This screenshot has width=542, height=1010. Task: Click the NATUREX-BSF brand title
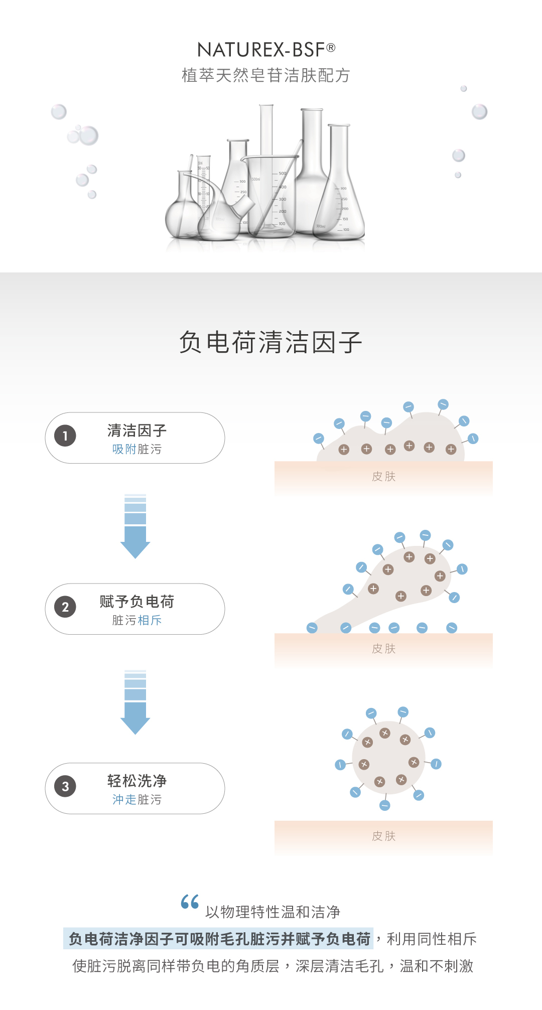[x=266, y=50]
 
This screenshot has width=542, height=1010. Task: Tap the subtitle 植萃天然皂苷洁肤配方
[x=266, y=75]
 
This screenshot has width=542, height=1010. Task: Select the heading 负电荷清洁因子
[x=270, y=342]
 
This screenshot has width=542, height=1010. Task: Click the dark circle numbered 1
[x=65, y=436]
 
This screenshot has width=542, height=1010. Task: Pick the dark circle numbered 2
[x=65, y=607]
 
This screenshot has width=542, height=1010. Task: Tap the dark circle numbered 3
[x=65, y=786]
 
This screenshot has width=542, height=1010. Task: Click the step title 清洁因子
[x=137, y=430]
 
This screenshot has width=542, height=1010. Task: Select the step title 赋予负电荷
[x=137, y=601]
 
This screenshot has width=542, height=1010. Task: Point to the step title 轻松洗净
[x=137, y=781]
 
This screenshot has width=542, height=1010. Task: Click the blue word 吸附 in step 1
[x=124, y=449]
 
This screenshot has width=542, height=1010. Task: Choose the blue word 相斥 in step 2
[x=150, y=620]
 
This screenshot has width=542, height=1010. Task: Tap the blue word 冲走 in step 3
[x=124, y=799]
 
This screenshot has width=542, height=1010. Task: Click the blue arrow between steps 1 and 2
[x=135, y=527]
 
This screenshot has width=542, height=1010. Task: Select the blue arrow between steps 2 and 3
[x=135, y=702]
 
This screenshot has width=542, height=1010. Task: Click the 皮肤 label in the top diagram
[x=384, y=477]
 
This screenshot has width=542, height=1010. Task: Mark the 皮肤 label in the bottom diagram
[x=384, y=836]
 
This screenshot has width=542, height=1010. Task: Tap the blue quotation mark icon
[x=190, y=902]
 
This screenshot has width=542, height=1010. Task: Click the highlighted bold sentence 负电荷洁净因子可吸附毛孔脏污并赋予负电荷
[x=219, y=939]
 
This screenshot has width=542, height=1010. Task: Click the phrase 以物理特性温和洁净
[x=273, y=912]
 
